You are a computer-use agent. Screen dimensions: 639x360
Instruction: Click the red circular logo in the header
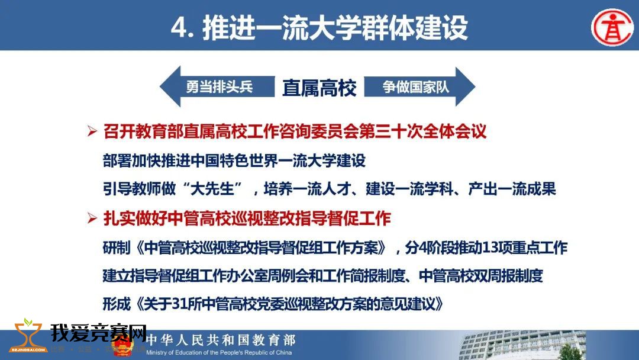pyautogui.click(x=612, y=27)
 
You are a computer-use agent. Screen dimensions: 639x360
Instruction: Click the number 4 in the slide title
pyautogui.click(x=179, y=28)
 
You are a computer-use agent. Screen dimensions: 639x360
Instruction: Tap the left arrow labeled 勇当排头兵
pyautogui.click(x=217, y=87)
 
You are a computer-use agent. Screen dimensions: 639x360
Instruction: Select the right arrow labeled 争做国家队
pyautogui.click(x=419, y=87)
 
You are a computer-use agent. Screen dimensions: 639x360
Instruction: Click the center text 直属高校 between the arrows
pyautogui.click(x=319, y=88)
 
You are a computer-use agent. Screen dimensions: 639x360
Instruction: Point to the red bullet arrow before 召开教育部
pyautogui.click(x=92, y=131)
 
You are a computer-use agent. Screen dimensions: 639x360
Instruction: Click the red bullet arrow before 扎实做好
pyautogui.click(x=92, y=218)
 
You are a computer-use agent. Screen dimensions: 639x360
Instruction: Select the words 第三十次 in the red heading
pyautogui.click(x=390, y=131)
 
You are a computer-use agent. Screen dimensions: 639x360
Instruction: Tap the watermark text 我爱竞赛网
pyautogui.click(x=98, y=333)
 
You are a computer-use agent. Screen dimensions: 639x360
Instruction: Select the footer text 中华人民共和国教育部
pyautogui.click(x=221, y=340)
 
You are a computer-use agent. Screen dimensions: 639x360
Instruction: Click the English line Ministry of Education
pyautogui.click(x=219, y=353)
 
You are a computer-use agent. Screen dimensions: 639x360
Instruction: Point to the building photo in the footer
pyautogui.click(x=523, y=345)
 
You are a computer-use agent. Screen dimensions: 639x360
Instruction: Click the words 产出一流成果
pyautogui.click(x=512, y=189)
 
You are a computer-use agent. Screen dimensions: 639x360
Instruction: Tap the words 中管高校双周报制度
pyautogui.click(x=481, y=275)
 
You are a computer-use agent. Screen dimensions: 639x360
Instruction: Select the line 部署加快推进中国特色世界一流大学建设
pyautogui.click(x=234, y=160)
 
